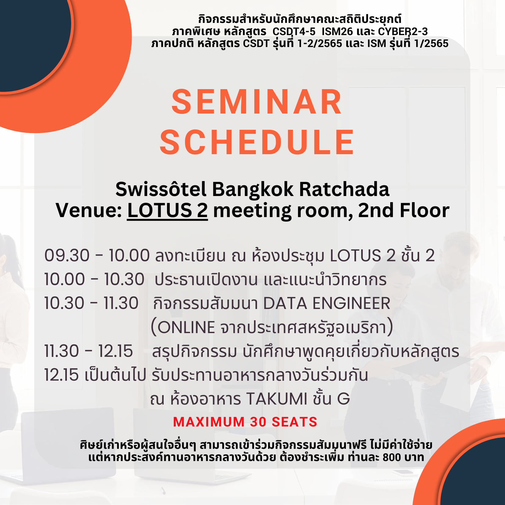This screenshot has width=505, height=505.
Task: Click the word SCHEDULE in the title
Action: click(257, 142)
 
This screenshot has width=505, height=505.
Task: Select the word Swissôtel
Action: click(161, 189)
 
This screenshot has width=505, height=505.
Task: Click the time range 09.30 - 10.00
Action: click(97, 255)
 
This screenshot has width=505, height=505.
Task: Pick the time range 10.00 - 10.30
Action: click(94, 279)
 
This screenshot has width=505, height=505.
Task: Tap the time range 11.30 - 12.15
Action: click(89, 351)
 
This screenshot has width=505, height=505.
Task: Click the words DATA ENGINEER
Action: click(327, 303)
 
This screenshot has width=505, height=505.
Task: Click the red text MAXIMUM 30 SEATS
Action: click(245, 422)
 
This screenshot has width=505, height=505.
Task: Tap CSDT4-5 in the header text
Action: click(294, 31)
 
